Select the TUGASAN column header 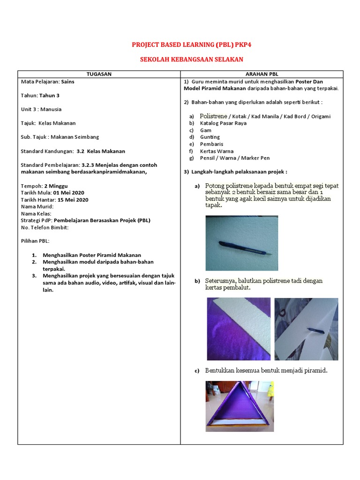coord(99,74)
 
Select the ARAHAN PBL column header coord(262,74)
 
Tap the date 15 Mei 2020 coord(73,200)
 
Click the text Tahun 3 coord(49,95)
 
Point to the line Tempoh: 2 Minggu coord(42,186)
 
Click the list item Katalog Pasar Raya coord(223,123)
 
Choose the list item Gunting coord(210,137)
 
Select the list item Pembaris coord(211,144)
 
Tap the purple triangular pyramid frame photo coord(240,406)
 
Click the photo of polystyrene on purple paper coord(239,329)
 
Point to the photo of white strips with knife coord(306,329)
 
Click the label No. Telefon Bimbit coord(45,227)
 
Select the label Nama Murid coord(37,206)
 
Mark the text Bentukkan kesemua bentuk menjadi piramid coord(266,371)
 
